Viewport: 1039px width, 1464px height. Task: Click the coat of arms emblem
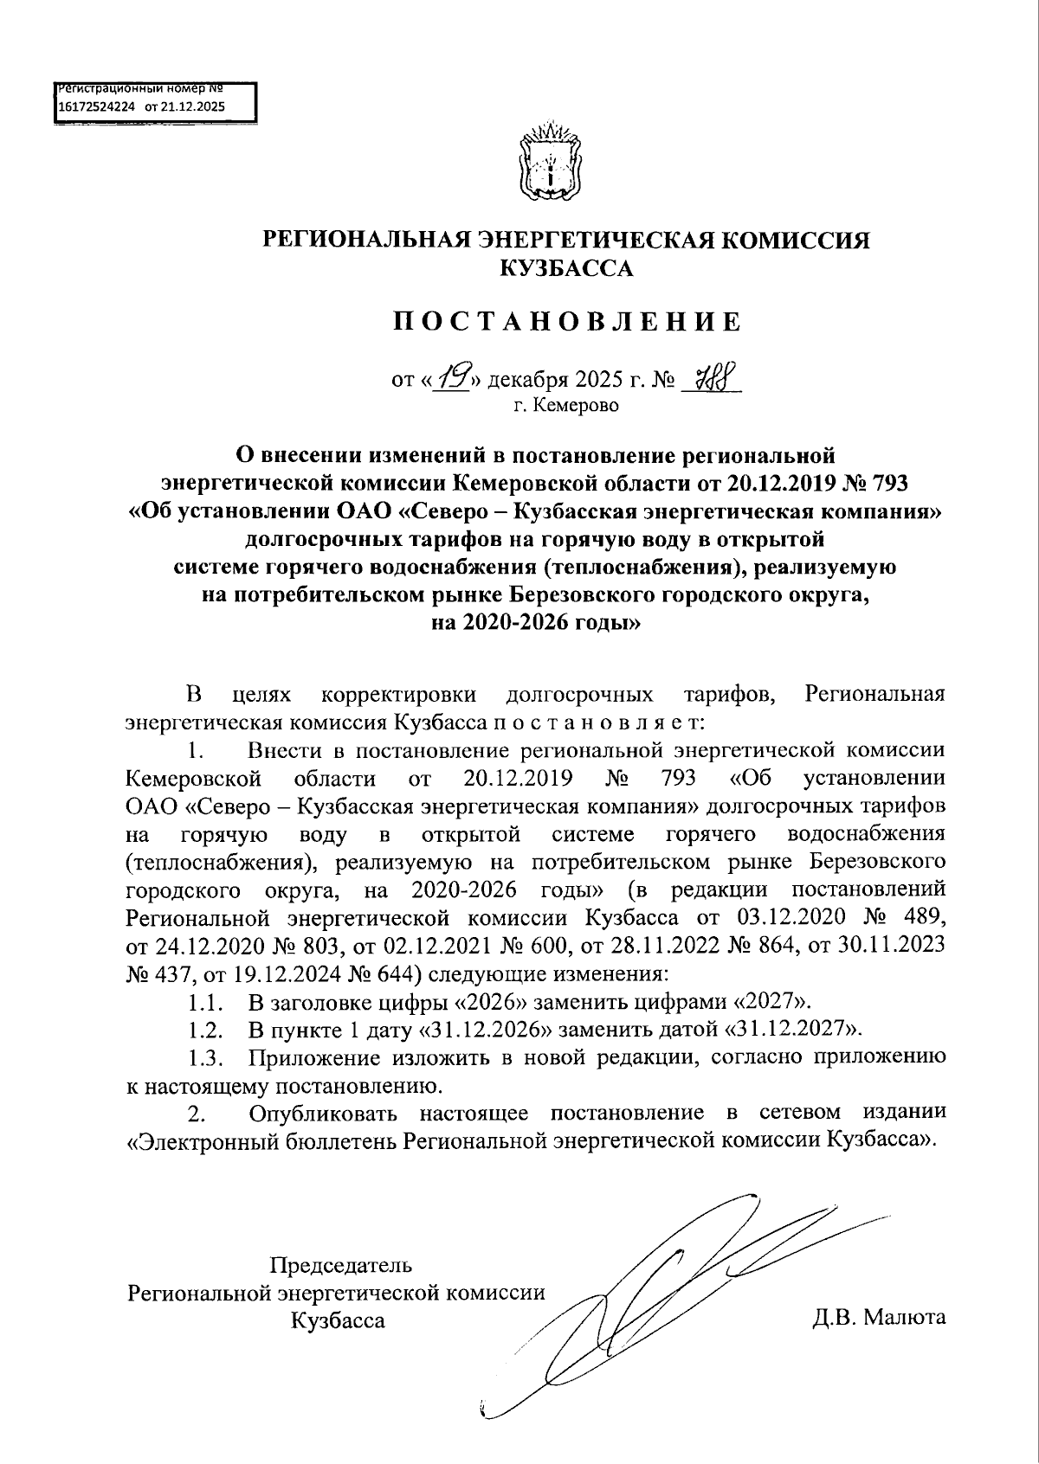pyautogui.click(x=546, y=162)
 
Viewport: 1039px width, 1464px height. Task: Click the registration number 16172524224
pyautogui.click(x=95, y=107)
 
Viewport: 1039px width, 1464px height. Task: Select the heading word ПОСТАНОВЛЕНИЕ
pyautogui.click(x=567, y=322)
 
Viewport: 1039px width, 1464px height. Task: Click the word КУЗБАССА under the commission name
pyautogui.click(x=567, y=268)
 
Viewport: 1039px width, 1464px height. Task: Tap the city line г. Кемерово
pyautogui.click(x=567, y=404)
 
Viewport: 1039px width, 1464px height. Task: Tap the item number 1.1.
pyautogui.click(x=207, y=1003)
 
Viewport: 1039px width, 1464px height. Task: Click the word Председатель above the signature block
pyautogui.click(x=341, y=1265)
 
